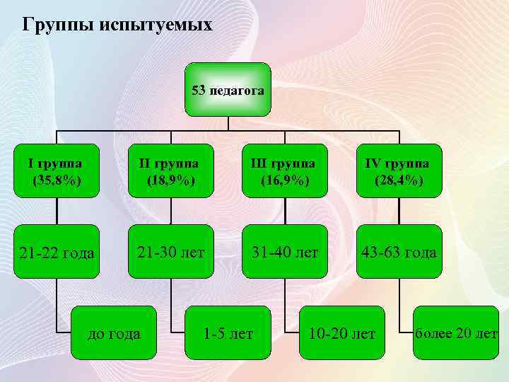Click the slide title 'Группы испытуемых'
117,25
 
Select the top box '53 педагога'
228,90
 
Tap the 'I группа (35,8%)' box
56,172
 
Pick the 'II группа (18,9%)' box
170,172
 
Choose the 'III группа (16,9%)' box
284,172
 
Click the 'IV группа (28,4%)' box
399,172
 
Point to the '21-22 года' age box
56,253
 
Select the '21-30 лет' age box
170,253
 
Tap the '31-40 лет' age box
284,253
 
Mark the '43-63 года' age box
399,253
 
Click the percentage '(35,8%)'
56,180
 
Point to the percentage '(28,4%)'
399,180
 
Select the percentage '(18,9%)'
170,180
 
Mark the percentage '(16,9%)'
284,180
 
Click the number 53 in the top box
199,91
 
